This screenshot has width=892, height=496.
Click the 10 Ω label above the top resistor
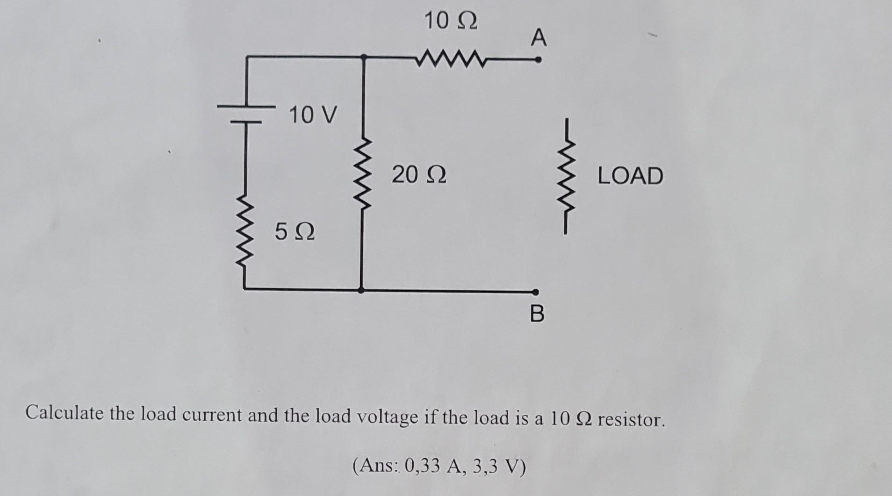coord(451,21)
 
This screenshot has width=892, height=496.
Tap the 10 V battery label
coord(312,115)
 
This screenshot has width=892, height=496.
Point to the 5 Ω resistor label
coord(295,231)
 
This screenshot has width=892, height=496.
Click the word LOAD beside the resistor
coord(630,176)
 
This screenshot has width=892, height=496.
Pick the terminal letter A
coord(539,38)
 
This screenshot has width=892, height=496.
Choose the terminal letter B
coord(538,314)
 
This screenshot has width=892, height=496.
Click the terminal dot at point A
coord(538,60)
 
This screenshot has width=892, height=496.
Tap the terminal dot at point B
coord(536,291)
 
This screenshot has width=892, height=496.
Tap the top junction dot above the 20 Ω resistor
coord(364,57)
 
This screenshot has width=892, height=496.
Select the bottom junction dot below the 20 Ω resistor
coord(361,290)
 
